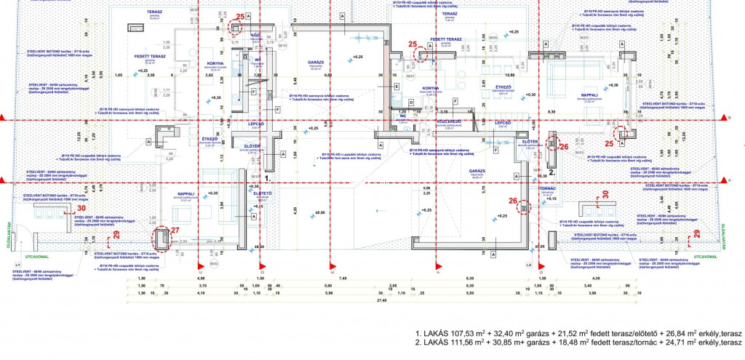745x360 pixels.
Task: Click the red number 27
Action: click(x=174, y=231)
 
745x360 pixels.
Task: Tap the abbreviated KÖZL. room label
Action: click(x=255, y=34)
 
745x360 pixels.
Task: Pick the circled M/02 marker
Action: click(x=214, y=263)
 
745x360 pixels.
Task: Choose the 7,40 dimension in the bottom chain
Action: click(x=342, y=278)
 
